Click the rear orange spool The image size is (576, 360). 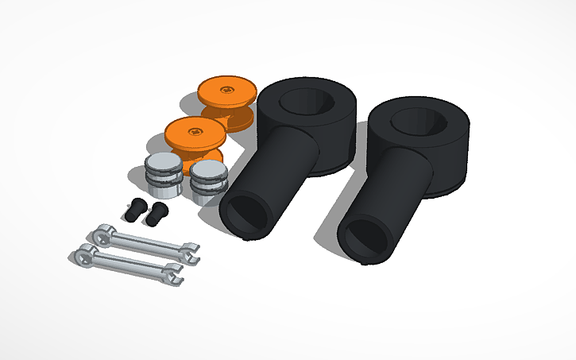click(227, 99)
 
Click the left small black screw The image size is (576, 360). click(134, 210)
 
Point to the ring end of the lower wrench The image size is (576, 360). click(83, 254)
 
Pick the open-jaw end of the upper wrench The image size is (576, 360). click(190, 252)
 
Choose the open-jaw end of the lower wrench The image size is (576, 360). click(171, 275)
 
